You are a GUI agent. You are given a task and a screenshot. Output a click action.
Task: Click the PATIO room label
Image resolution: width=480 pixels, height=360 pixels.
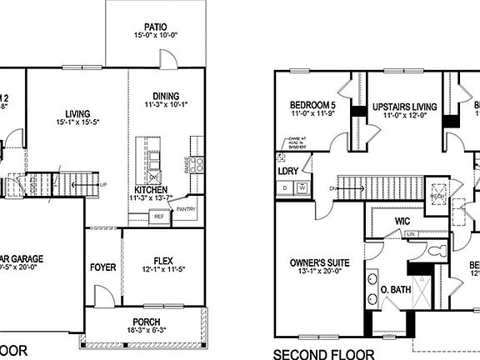(155, 26)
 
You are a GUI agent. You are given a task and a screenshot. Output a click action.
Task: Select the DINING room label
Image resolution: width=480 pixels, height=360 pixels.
(167, 96)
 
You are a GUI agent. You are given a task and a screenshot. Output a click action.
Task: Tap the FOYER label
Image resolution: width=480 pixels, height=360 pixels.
(102, 267)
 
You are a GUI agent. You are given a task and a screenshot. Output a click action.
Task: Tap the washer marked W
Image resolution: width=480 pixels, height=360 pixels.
(302, 188)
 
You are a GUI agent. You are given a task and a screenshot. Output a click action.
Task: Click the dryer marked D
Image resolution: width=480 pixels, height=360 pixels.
(286, 188)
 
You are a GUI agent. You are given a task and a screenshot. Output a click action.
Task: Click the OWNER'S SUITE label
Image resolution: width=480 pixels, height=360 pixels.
(318, 263)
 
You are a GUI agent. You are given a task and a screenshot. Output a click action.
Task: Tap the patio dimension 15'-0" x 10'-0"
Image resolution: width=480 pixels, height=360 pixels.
(155, 37)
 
